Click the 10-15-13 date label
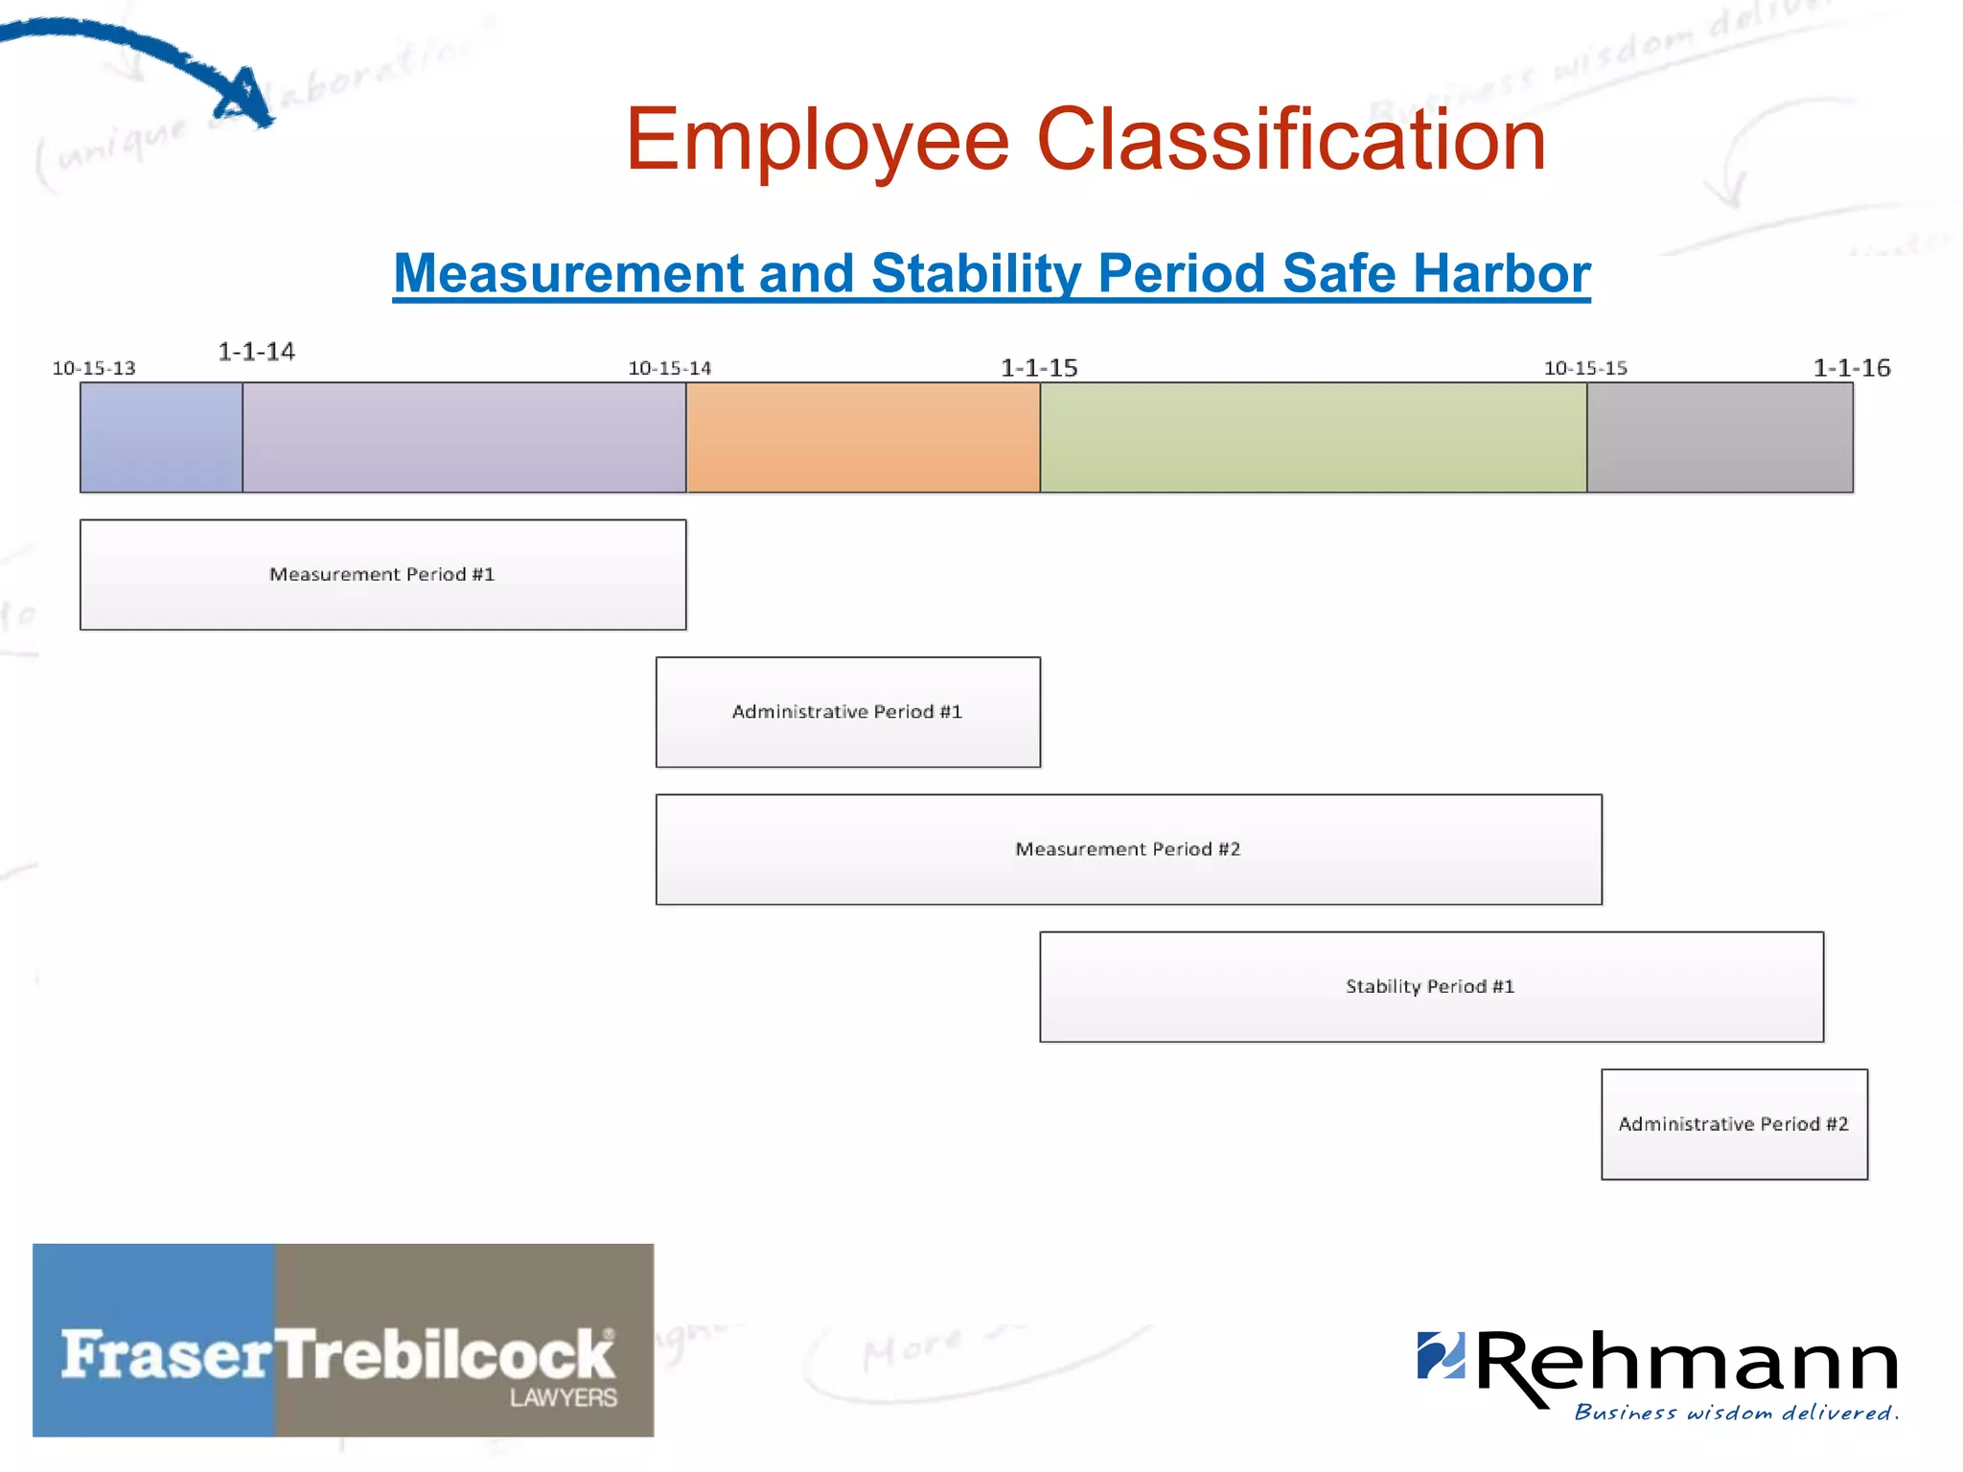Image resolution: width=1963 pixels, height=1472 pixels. [94, 368]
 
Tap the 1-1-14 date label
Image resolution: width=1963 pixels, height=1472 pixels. [256, 352]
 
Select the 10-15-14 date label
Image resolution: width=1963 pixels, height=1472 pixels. [669, 368]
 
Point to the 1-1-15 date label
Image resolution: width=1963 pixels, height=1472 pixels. [1039, 368]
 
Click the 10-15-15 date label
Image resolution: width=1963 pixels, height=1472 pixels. [1585, 368]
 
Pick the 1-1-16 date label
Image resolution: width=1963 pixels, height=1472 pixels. [1851, 368]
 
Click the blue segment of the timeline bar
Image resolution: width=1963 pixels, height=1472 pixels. [161, 438]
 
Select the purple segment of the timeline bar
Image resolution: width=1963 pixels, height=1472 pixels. [464, 438]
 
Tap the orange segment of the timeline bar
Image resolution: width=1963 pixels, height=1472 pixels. [863, 438]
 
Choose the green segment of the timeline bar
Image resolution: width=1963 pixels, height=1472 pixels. [1313, 438]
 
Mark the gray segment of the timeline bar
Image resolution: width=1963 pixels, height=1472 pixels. [1720, 438]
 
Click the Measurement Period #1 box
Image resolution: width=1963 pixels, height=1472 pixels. [382, 574]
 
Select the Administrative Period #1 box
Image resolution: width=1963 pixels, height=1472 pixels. [847, 711]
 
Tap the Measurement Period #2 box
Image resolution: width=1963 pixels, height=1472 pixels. [1128, 849]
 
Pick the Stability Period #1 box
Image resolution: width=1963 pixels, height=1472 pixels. [1431, 986]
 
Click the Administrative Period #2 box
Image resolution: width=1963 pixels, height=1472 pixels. [1734, 1124]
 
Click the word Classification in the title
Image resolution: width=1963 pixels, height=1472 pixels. [1291, 140]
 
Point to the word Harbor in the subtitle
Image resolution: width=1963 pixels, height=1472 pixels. [1502, 273]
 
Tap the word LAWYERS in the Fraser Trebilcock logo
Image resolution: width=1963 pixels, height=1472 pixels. [564, 1398]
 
